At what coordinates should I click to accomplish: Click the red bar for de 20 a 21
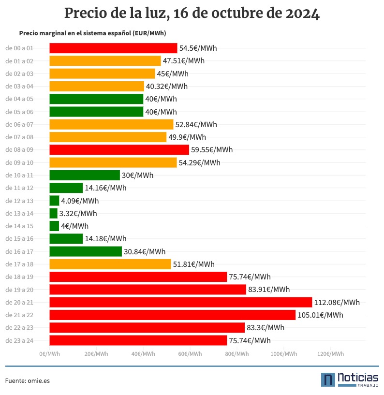(180, 302)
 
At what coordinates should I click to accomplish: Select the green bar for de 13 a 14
(53, 213)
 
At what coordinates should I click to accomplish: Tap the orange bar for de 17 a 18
(110, 264)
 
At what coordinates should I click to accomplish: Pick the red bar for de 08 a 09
(119, 149)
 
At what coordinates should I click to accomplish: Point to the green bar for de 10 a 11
(84, 175)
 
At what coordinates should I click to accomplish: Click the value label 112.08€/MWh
(337, 303)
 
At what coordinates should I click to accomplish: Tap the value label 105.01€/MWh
(320, 315)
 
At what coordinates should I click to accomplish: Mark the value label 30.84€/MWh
(145, 251)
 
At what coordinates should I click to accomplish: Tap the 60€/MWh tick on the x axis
(190, 354)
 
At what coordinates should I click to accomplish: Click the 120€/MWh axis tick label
(330, 354)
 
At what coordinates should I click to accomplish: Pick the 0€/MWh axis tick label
(49, 354)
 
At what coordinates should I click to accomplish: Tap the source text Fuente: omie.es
(28, 381)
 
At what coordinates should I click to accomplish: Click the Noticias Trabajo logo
(350, 380)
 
